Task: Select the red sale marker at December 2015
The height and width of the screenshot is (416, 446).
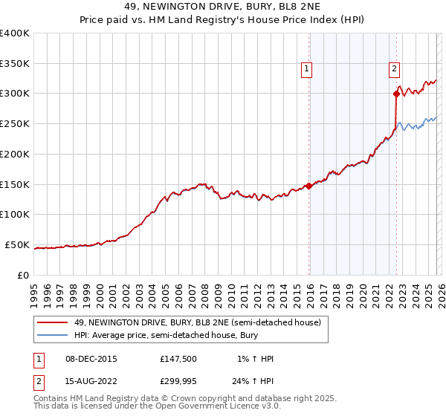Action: pyautogui.click(x=308, y=186)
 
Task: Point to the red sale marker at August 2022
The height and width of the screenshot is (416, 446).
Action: pyautogui.click(x=396, y=94)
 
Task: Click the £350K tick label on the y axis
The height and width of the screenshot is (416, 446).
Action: pyautogui.click(x=15, y=63)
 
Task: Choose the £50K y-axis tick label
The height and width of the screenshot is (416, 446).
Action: pyautogui.click(x=17, y=244)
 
